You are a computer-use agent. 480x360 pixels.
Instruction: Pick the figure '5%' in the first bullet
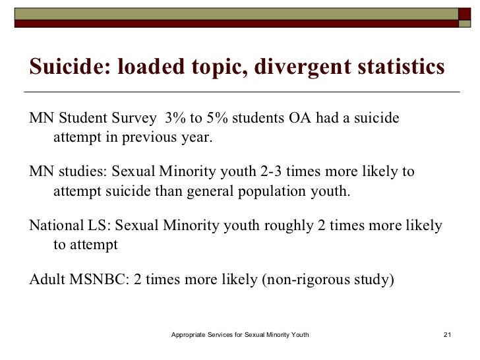point(214,119)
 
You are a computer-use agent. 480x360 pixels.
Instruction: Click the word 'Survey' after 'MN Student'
point(135,119)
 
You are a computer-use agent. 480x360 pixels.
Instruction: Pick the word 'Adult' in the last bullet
point(47,279)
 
